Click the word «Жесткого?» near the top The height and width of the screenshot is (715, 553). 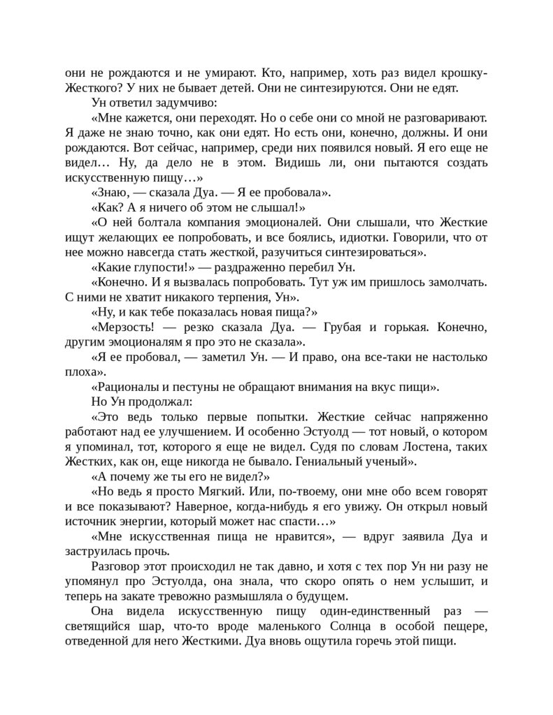coord(91,89)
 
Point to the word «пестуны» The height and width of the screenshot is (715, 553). coord(201,388)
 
